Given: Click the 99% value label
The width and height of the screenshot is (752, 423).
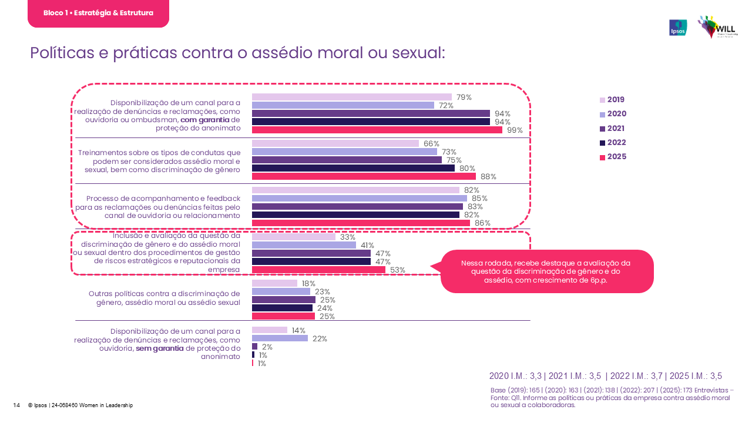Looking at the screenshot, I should (515, 130).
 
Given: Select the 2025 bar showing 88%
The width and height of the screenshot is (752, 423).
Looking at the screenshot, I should (364, 176).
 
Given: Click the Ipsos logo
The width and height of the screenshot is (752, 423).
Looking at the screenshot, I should (678, 28).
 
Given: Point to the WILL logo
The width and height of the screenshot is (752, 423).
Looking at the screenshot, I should (717, 27).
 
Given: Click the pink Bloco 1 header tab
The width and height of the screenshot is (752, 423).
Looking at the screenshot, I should (98, 13).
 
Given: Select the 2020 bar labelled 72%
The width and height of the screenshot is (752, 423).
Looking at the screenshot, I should (343, 105).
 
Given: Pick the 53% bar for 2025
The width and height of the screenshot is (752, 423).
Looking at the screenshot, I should (318, 270).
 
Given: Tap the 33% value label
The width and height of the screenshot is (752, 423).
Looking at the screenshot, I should (348, 237).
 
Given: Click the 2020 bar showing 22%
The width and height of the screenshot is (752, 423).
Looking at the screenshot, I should (280, 338).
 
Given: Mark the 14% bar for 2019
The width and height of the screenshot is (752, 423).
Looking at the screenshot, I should (270, 330).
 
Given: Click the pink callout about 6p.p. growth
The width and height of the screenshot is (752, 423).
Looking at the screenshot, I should (546, 271).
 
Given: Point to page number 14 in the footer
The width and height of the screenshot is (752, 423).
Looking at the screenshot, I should (16, 405).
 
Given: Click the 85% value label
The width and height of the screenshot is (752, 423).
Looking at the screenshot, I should (479, 199).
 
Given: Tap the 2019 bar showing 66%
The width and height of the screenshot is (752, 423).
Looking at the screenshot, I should (335, 143).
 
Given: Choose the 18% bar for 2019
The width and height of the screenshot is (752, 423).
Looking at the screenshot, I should (274, 283).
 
